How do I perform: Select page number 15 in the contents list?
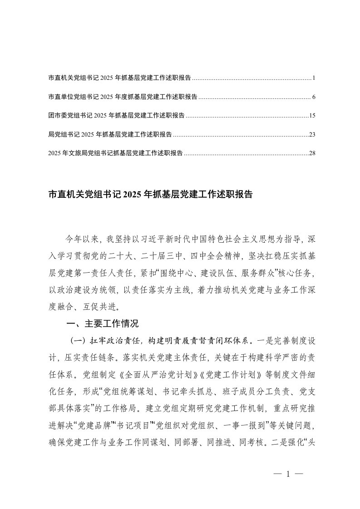point(312,116)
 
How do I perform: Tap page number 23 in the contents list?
point(312,134)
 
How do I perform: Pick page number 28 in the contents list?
point(312,153)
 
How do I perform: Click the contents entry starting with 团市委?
point(116,116)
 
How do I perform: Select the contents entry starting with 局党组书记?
point(110,134)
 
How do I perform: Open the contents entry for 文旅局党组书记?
point(115,153)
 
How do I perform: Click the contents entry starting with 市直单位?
point(123,97)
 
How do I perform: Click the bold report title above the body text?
point(150,195)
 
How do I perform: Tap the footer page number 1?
point(288,474)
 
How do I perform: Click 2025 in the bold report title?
point(132,195)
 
